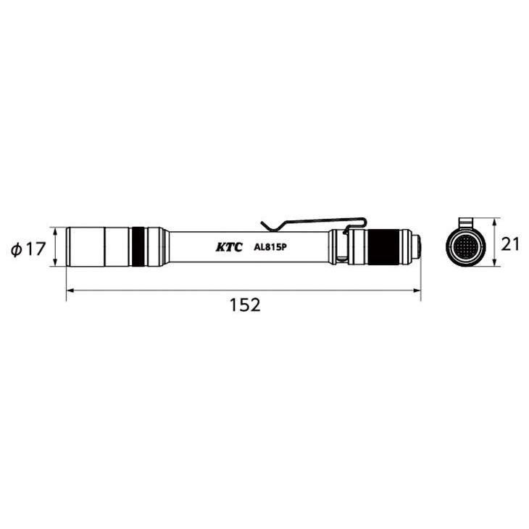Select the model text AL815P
tap(271, 247)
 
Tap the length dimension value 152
tap(244, 306)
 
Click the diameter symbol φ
tap(16, 249)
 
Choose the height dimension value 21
tap(511, 244)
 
